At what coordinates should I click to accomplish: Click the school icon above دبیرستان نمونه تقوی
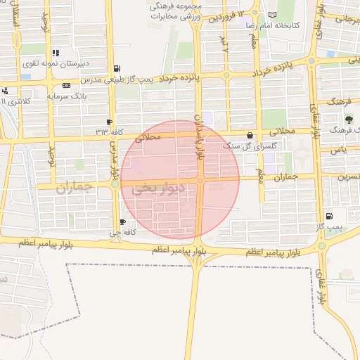[56, 53]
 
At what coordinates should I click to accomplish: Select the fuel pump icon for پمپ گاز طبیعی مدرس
[115, 68]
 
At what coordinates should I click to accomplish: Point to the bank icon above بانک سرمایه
[66, 85]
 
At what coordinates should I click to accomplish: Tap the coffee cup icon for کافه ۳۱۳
[109, 121]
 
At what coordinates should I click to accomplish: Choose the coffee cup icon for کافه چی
[123, 222]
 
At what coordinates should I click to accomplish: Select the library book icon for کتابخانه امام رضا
[272, 14]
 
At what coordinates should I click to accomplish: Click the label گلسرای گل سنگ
[241, 146]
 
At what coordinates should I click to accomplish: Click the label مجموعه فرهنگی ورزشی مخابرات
[175, 10]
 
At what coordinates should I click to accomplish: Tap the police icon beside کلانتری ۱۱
[5, 91]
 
